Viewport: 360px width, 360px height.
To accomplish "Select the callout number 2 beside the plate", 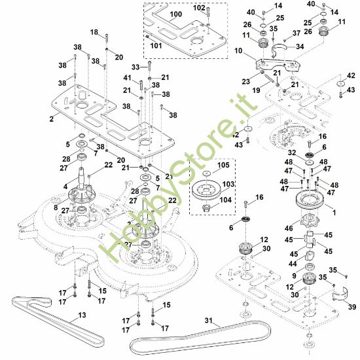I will [50, 120].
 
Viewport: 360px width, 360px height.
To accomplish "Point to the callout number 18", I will [94, 31].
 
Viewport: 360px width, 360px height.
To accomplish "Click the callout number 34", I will [300, 46].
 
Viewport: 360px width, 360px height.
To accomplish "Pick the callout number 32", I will [292, 152].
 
